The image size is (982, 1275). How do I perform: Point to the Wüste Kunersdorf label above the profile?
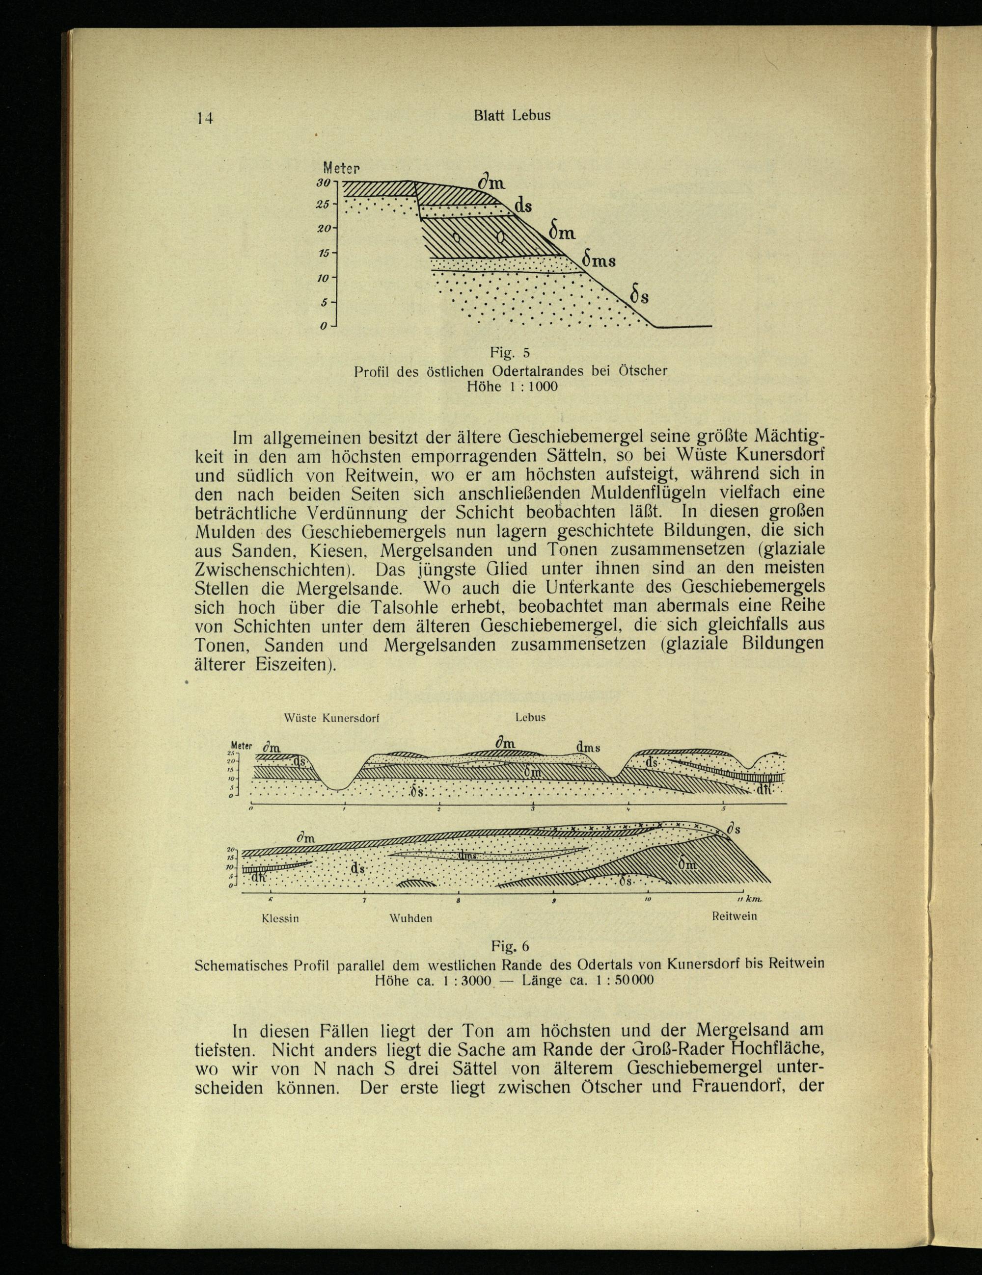331,718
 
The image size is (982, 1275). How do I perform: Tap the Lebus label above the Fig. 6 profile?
530,718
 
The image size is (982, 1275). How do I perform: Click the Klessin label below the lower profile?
280,918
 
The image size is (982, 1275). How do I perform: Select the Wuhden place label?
410,918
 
